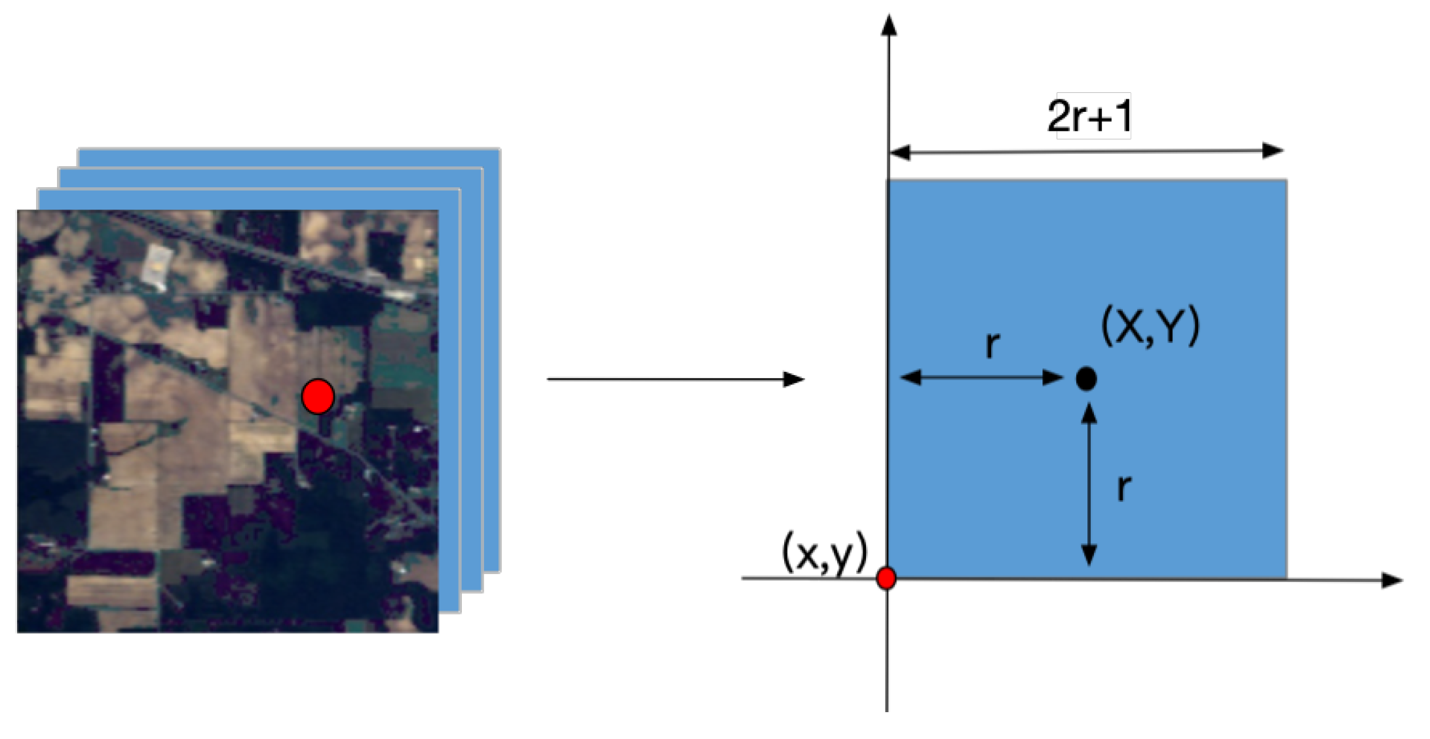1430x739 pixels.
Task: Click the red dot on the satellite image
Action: (318, 396)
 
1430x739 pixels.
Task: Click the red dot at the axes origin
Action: (886, 579)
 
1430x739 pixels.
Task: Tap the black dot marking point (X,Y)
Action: (1086, 378)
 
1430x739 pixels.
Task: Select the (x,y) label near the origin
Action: (825, 553)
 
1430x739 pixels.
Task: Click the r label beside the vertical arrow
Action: (1124, 487)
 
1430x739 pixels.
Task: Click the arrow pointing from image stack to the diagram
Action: (675, 379)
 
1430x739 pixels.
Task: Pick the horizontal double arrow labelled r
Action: (981, 377)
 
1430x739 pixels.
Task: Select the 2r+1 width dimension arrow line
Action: (1085, 152)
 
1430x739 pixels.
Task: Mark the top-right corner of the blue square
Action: (1286, 180)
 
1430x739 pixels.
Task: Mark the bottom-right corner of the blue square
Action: (1286, 578)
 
